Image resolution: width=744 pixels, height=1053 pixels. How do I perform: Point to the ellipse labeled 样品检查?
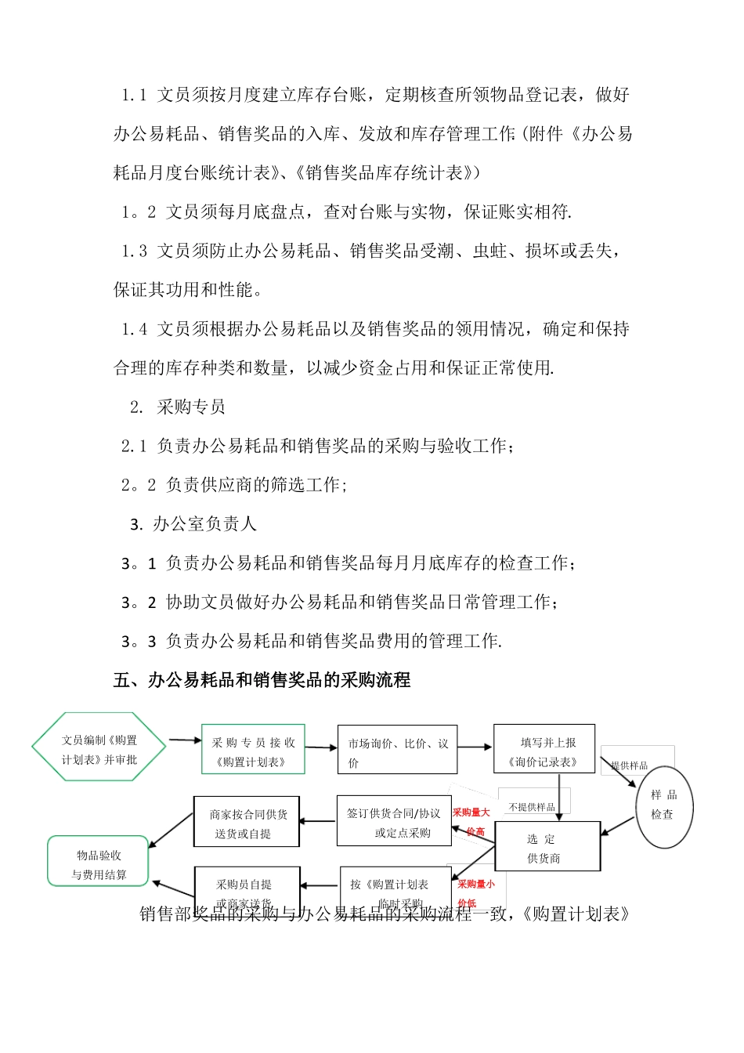[x=664, y=806]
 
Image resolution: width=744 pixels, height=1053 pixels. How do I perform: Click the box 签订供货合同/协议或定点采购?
[x=395, y=822]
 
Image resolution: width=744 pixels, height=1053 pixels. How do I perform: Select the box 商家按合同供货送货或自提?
[x=247, y=823]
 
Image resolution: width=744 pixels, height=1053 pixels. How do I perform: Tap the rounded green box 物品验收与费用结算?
[x=99, y=863]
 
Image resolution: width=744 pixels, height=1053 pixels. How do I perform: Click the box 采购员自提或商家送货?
[x=247, y=888]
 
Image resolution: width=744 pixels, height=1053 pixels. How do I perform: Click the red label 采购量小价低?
[x=476, y=892]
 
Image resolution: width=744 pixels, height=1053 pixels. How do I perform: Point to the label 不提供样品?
[x=532, y=806]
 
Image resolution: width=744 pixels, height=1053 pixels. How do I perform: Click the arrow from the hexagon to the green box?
[x=185, y=740]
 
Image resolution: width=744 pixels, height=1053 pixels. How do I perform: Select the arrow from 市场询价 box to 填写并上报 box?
[x=475, y=747]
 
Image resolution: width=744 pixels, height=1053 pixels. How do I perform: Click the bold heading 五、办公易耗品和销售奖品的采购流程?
[x=262, y=680]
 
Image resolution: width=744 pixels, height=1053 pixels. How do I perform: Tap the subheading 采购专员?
[x=190, y=407]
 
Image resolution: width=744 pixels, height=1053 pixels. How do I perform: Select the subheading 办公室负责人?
[x=204, y=523]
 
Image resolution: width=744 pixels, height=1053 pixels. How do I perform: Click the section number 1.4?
[x=134, y=329]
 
